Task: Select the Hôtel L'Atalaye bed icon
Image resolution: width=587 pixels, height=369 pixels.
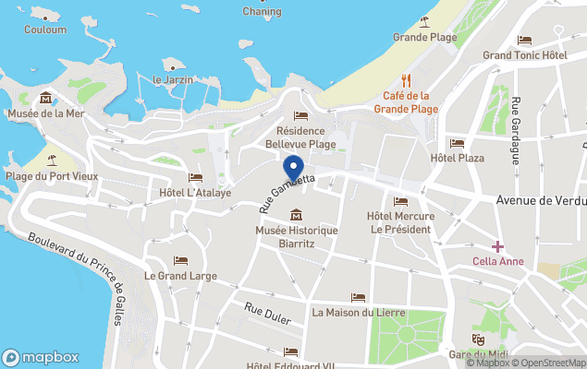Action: click(x=195, y=177)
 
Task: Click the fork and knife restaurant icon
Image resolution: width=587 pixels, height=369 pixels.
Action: click(x=406, y=80)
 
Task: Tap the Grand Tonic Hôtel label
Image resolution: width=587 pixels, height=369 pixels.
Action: click(x=524, y=55)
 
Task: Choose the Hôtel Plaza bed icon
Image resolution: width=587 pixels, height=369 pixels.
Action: click(x=457, y=143)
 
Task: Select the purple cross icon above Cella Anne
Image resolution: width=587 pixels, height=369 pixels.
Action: click(x=497, y=246)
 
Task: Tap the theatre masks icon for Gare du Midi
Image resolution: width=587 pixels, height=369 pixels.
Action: click(x=479, y=339)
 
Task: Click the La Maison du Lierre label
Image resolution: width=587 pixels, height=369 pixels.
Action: click(x=358, y=312)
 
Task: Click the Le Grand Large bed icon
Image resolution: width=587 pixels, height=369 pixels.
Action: click(x=180, y=261)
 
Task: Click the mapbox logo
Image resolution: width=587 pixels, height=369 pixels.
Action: click(x=41, y=357)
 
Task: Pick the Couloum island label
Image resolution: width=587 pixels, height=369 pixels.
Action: click(x=45, y=30)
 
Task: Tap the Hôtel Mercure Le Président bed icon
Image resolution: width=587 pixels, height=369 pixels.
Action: click(x=400, y=201)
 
